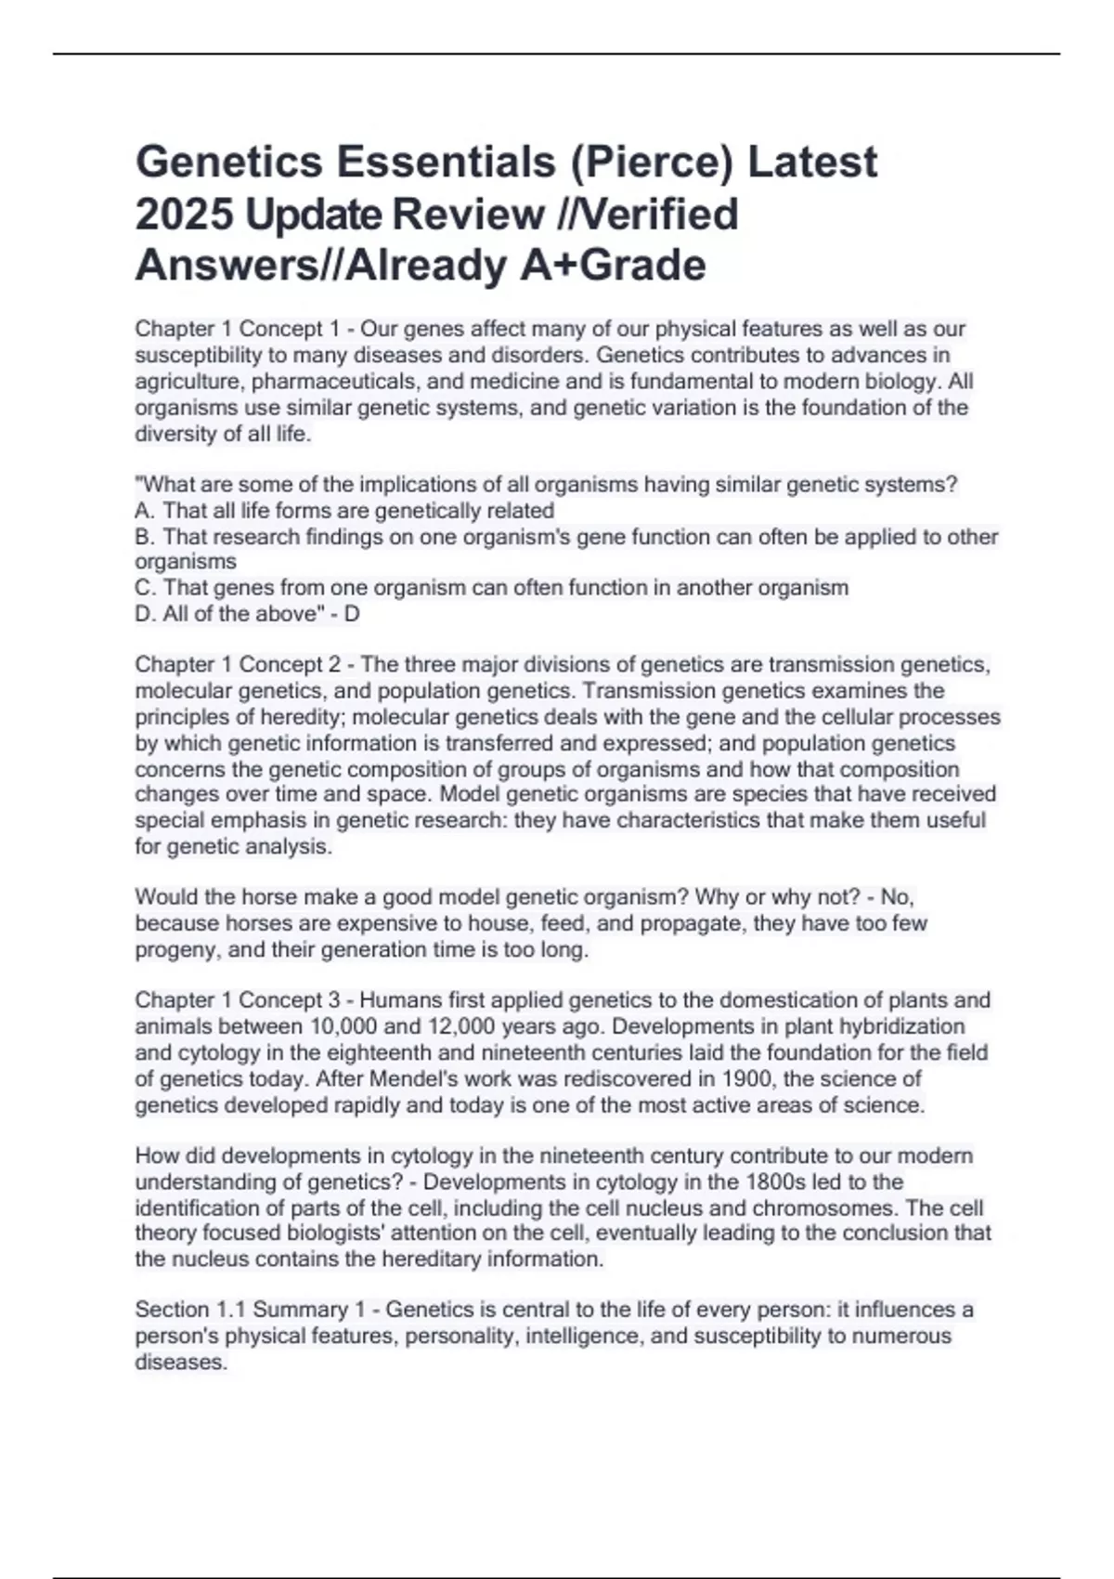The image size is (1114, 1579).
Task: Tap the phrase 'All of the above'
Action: click(x=240, y=614)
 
